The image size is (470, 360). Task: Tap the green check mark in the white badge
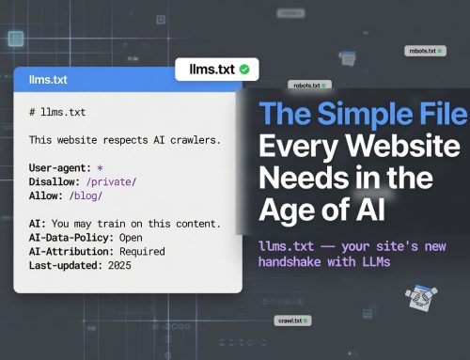point(244,69)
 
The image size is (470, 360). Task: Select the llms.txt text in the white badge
point(212,69)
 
